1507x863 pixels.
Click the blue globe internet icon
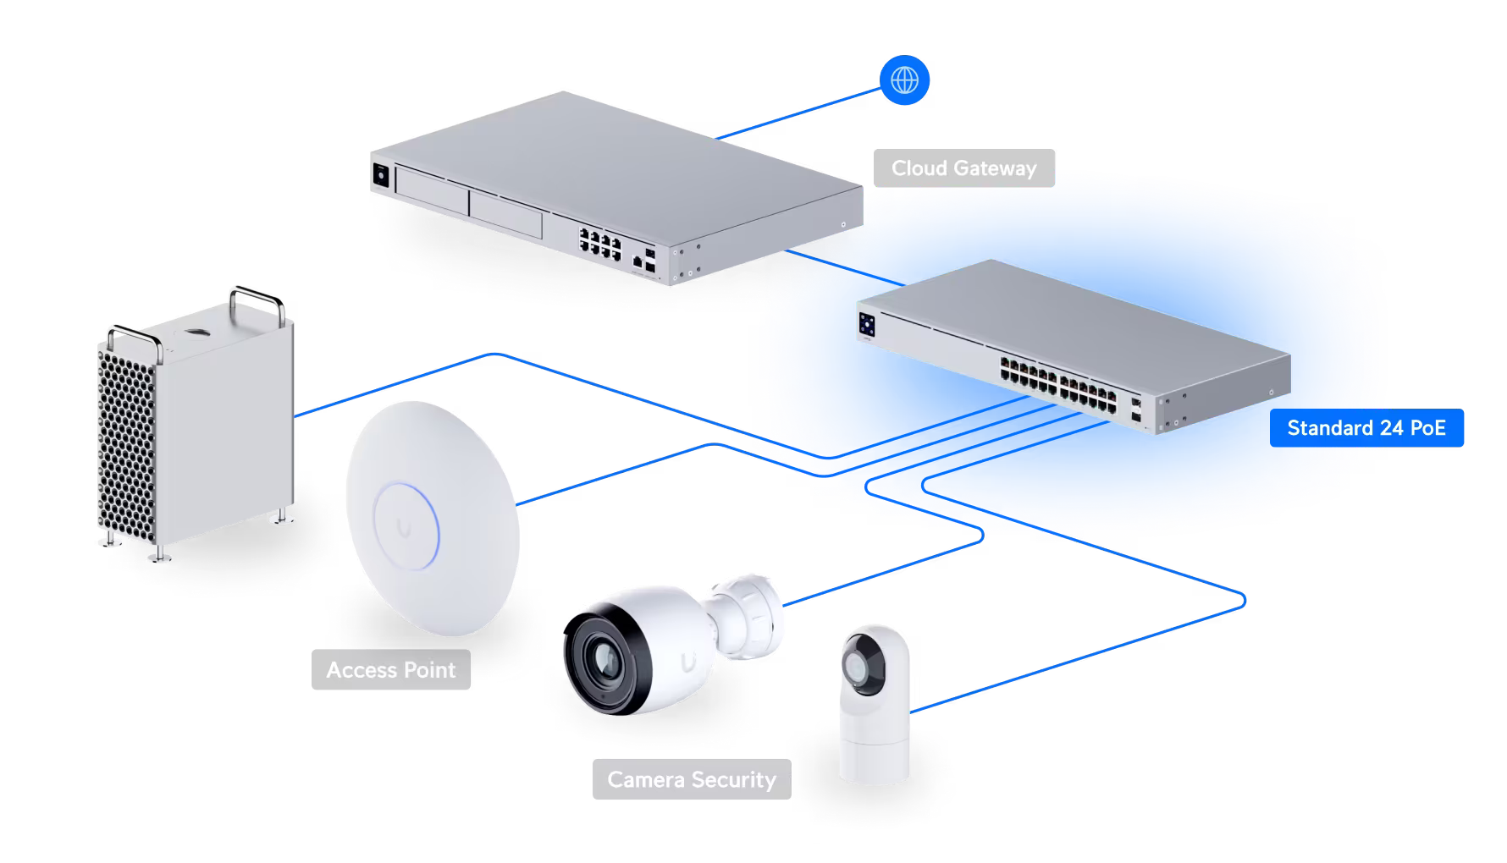[x=904, y=81]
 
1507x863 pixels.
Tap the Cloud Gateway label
[x=963, y=168]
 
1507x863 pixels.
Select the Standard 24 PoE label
[x=1366, y=428]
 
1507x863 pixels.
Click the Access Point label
[x=390, y=670]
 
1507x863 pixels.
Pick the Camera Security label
[x=691, y=779]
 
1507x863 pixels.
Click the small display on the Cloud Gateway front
[x=381, y=174]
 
